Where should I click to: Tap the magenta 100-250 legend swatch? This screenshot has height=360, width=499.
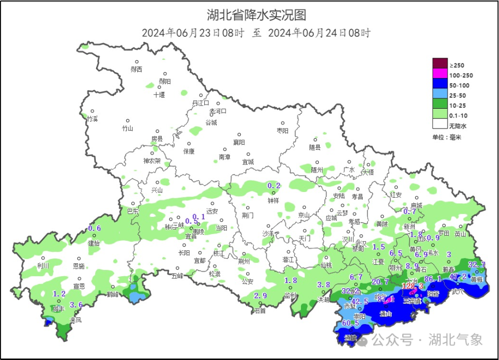(440, 75)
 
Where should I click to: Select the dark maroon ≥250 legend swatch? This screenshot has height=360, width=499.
(440, 65)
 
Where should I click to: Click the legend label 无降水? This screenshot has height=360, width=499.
(458, 126)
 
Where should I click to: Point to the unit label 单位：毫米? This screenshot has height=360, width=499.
(447, 137)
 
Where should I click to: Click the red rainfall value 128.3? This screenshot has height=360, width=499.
(413, 287)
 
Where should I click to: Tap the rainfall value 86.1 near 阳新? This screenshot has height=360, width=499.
(433, 279)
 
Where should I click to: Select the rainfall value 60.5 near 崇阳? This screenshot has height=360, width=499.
(350, 323)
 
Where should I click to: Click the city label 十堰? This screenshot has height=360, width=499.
(159, 95)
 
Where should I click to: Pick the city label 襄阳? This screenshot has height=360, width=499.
(239, 142)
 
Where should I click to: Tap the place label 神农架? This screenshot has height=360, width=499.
(152, 161)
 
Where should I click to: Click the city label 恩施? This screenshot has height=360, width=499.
(78, 266)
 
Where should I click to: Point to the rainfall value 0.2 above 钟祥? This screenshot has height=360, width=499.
(273, 186)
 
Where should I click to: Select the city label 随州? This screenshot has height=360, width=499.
(317, 170)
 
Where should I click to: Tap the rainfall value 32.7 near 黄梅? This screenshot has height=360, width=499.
(477, 264)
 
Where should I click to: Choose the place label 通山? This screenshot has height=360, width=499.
(385, 314)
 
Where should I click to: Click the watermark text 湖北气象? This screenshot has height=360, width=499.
(455, 340)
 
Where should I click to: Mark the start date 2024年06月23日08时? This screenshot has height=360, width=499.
(193, 33)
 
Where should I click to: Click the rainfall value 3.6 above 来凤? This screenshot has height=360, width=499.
(76, 305)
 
